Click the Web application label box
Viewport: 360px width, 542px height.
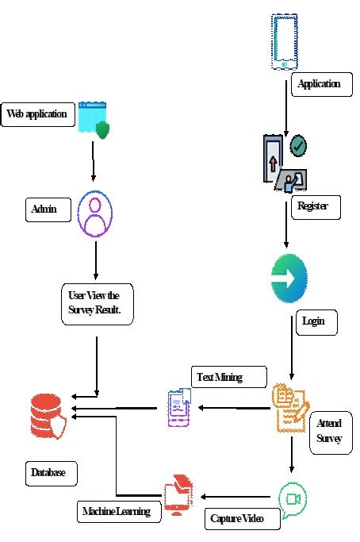pyautogui.click(x=40, y=115)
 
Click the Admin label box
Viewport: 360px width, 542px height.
pyautogui.click(x=48, y=210)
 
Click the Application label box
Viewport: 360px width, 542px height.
pyautogui.click(x=320, y=84)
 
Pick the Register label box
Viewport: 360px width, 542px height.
pyautogui.click(x=316, y=208)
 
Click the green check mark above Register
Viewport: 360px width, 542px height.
pyautogui.click(x=299, y=146)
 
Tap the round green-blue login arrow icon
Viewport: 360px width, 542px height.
pyautogui.click(x=286, y=279)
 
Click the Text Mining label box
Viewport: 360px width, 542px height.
pyautogui.click(x=228, y=377)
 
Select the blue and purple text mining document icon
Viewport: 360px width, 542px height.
pyautogui.click(x=178, y=408)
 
